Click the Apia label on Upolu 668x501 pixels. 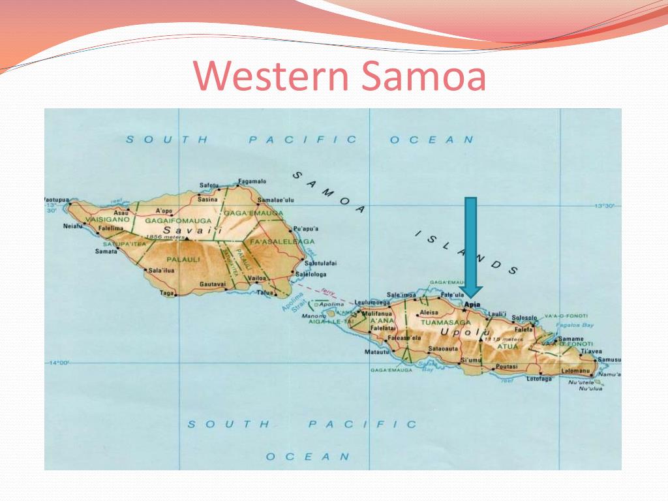(471, 304)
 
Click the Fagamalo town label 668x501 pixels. (252, 181)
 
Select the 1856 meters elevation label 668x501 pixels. (166, 237)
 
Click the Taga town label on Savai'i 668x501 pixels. (166, 294)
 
